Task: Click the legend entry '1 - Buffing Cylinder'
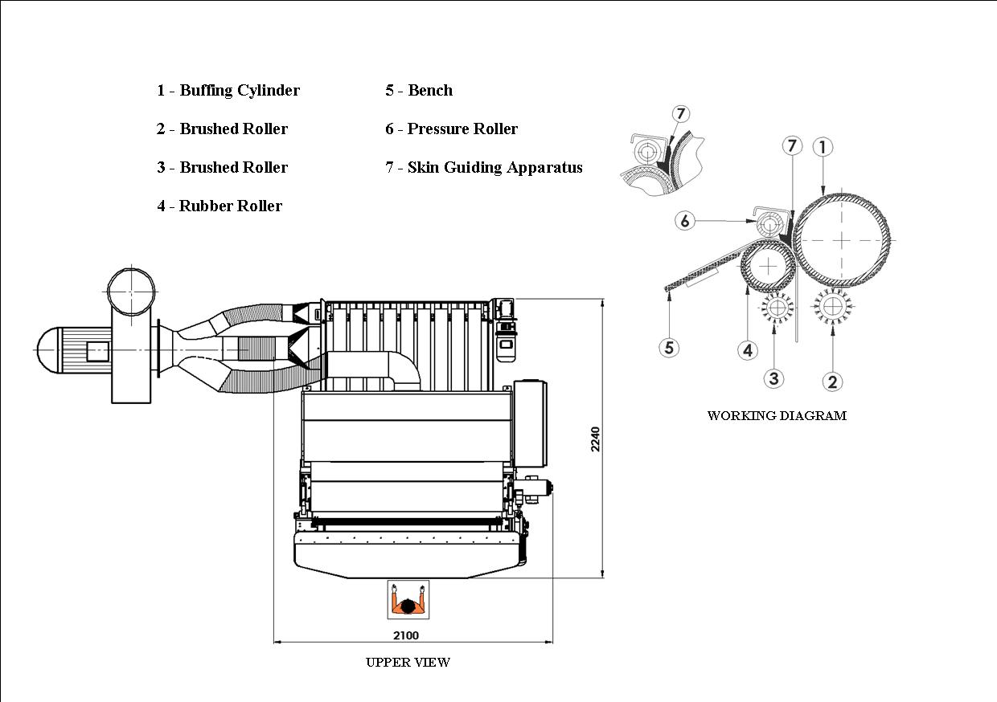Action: [228, 91]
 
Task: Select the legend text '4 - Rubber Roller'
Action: [220, 206]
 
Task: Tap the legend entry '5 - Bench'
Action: [418, 91]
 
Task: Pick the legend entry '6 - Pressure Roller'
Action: [451, 129]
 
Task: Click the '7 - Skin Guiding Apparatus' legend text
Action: [483, 168]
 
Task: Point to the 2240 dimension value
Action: [596, 439]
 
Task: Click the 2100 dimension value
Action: [406, 635]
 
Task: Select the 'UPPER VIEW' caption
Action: [408, 663]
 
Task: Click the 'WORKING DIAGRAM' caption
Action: [777, 416]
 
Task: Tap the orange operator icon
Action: [408, 599]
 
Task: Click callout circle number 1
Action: [823, 147]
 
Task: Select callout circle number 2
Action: [832, 382]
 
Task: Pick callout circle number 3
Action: [773, 378]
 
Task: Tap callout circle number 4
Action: [748, 350]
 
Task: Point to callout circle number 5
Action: [669, 348]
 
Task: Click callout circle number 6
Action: [684, 220]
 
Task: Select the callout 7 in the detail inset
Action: [680, 114]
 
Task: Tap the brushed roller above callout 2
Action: [832, 306]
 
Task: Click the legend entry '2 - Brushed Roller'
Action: [222, 129]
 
